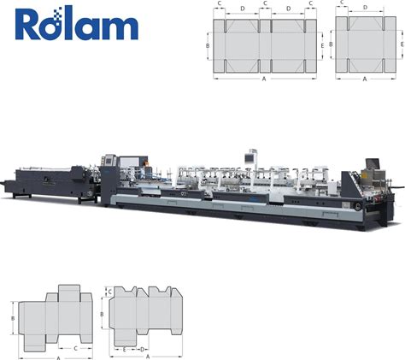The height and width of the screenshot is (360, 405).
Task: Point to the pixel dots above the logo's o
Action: click(x=59, y=14)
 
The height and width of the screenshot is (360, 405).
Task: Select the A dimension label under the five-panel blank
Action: click(x=264, y=79)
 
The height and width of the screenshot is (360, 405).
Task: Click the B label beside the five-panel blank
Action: click(x=208, y=46)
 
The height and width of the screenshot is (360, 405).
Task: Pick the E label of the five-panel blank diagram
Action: click(x=322, y=46)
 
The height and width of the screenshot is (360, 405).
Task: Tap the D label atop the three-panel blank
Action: click(x=366, y=8)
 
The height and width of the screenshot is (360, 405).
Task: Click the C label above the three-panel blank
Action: click(x=342, y=3)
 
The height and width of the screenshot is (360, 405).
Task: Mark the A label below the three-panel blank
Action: click(x=365, y=79)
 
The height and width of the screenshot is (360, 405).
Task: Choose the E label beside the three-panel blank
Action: click(x=402, y=44)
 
